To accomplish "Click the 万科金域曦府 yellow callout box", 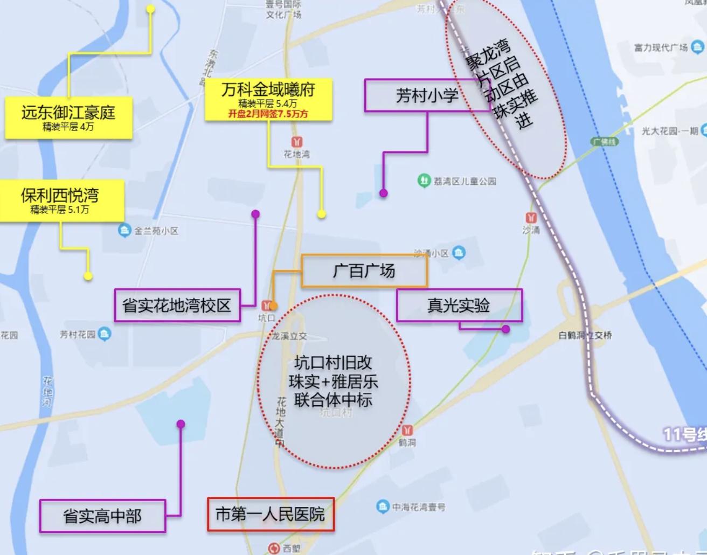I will (268, 100).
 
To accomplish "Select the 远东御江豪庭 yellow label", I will (68, 117).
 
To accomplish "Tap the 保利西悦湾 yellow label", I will (60, 200).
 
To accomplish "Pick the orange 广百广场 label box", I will (364, 270).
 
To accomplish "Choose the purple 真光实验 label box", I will (459, 306).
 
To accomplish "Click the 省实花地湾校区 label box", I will (177, 306).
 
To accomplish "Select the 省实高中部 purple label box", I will (102, 516).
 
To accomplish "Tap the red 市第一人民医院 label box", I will (271, 515).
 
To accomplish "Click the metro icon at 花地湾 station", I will (296, 142).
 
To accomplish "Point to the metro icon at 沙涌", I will (531, 218).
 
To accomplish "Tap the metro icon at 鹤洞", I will (407, 430).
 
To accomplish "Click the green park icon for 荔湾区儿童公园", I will (424, 180).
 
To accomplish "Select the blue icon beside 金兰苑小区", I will (124, 231).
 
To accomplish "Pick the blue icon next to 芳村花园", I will (105, 334).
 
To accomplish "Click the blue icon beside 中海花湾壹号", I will (383, 507).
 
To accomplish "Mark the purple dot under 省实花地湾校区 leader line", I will (255, 214).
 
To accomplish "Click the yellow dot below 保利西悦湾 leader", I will (88, 276).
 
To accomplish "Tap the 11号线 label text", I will (683, 434).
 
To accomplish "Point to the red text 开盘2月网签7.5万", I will (268, 114).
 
